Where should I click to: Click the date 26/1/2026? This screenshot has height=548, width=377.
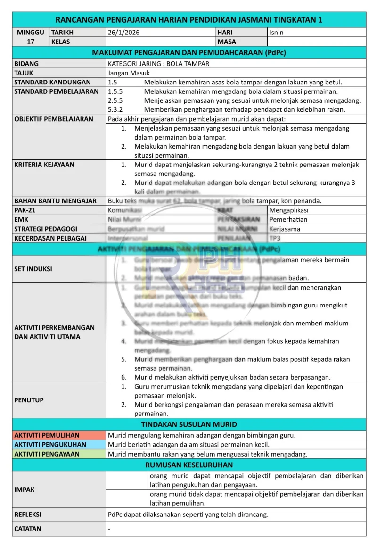coord(124,33)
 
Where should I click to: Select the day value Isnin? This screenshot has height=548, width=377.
coord(277,33)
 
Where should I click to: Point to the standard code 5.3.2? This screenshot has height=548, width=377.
coord(115,109)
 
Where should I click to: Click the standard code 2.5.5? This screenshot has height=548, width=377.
coord(115,100)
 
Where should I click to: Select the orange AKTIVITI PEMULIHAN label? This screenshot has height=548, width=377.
coord(47,435)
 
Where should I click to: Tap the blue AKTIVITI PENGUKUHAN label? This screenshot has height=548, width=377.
coord(50,445)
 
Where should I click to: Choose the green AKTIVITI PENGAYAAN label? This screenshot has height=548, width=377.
coord(47,454)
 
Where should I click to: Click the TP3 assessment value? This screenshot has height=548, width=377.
coord(275,238)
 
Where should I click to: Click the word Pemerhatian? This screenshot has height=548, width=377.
coord(288,219)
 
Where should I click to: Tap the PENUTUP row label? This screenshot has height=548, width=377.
coord(29,400)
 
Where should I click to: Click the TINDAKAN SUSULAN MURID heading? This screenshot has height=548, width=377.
coord(189,424)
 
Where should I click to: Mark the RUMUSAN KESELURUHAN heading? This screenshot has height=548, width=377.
coord(189,465)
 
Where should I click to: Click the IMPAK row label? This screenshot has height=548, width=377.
coord(25,490)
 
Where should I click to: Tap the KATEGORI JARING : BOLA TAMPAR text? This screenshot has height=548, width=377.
coord(158,63)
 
